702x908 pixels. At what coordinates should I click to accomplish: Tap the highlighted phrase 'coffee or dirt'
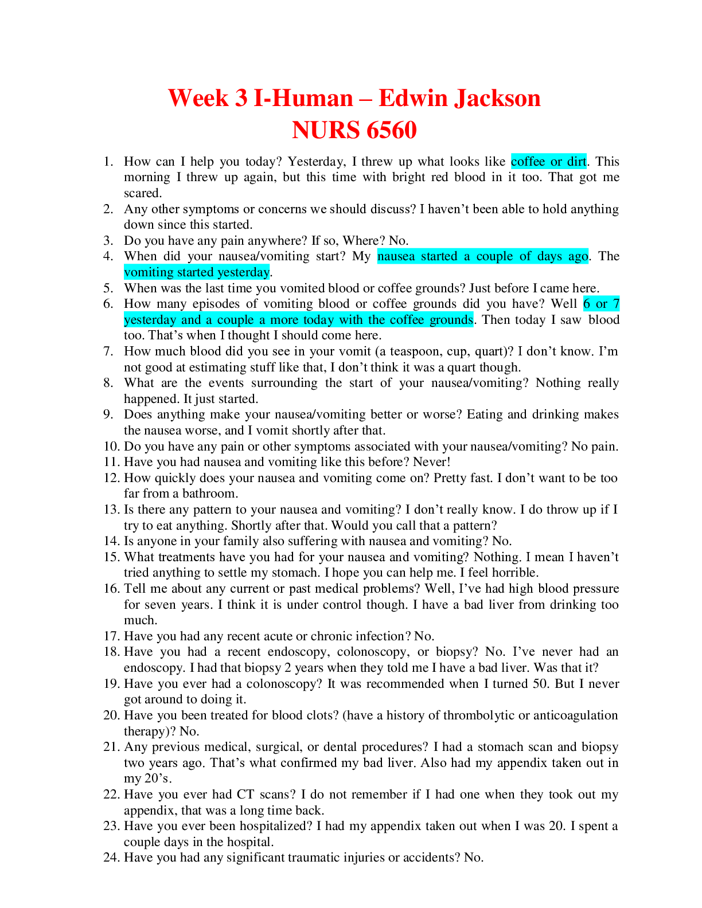(549, 162)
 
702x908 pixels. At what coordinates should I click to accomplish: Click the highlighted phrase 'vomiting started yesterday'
(197, 272)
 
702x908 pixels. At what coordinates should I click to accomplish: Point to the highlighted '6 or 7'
(601, 304)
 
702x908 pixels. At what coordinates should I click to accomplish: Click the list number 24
(111, 858)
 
